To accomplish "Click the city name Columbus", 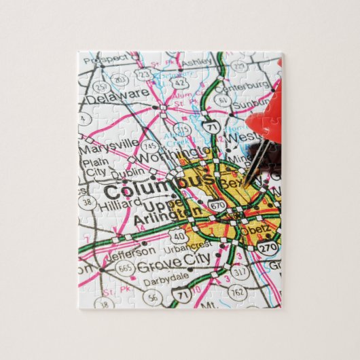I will (x=158, y=184).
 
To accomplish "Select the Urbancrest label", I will (x=188, y=243).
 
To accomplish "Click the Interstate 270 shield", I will (x=269, y=249).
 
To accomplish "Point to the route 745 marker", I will (x=150, y=145).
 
